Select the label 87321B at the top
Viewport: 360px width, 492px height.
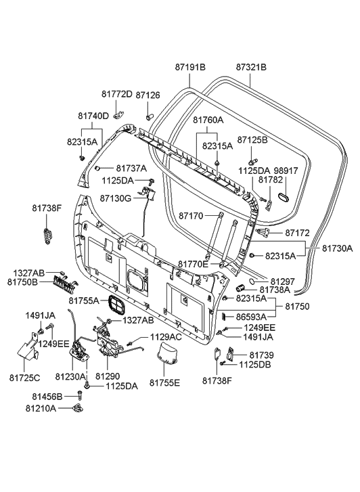click(x=251, y=67)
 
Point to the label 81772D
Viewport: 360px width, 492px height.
click(x=117, y=93)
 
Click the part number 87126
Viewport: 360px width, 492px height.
click(x=148, y=95)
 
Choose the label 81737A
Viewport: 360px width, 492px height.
click(x=131, y=168)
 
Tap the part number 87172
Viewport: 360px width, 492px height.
click(x=296, y=233)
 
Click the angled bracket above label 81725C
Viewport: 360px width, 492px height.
click(x=28, y=351)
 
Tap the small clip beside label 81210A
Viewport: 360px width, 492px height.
click(x=78, y=408)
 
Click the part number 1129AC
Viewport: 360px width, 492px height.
click(x=166, y=337)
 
